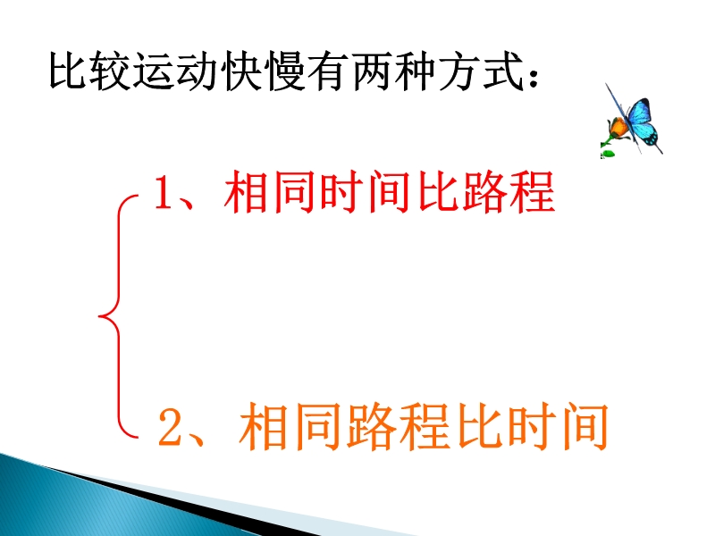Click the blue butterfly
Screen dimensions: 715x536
[638, 121]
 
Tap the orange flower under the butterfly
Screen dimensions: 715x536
[618, 128]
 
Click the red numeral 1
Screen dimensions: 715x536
[164, 192]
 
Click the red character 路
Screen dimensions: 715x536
[484, 192]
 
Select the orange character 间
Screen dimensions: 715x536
[585, 427]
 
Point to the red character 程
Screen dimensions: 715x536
[532, 192]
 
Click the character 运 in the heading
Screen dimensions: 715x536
[156, 71]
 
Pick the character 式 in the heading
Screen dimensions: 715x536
[502, 71]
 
